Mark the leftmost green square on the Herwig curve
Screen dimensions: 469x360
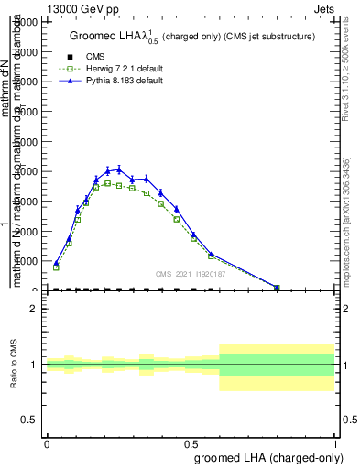click(56, 267)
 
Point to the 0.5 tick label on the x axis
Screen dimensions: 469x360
click(191, 442)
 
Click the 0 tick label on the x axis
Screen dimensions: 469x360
click(47, 442)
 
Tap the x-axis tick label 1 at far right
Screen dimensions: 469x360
click(334, 442)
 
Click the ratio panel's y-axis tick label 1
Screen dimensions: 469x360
click(34, 365)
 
